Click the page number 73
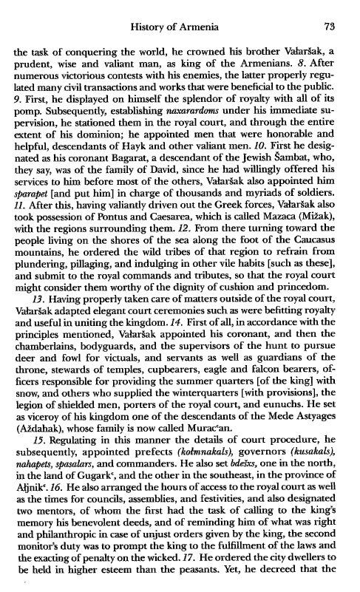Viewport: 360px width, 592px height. point(330,27)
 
